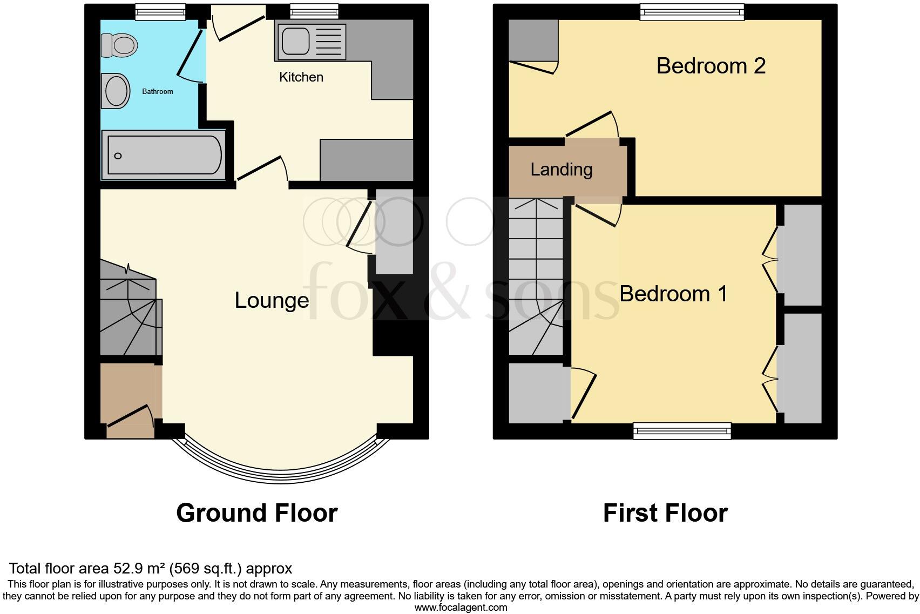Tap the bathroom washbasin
pyautogui.click(x=116, y=91)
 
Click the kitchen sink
pyautogui.click(x=295, y=41)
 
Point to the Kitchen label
pyautogui.click(x=301, y=77)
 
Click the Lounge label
pyautogui.click(x=272, y=300)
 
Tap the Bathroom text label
pyautogui.click(x=158, y=92)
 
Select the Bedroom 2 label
pyautogui.click(x=711, y=66)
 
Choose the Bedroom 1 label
pyautogui.click(x=673, y=294)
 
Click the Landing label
pyautogui.click(x=562, y=170)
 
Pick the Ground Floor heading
pyautogui.click(x=257, y=512)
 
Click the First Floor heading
pyautogui.click(x=665, y=512)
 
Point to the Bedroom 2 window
pyautogui.click(x=692, y=12)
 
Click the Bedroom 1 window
pyautogui.click(x=682, y=430)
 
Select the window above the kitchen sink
pyautogui.click(x=314, y=12)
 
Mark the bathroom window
pyautogui.click(x=160, y=12)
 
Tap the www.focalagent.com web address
pyautogui.click(x=461, y=608)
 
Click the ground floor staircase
pyautogui.click(x=128, y=311)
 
